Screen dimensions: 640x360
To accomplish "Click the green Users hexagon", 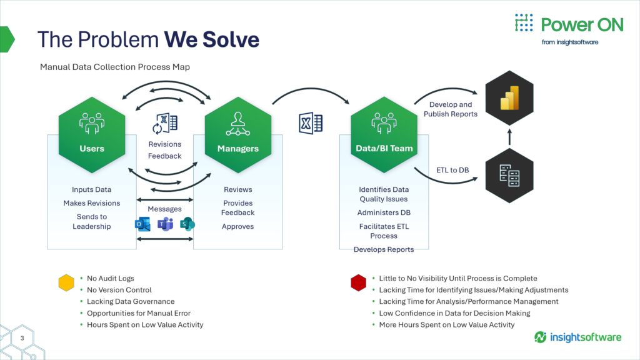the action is pyautogui.click(x=92, y=135).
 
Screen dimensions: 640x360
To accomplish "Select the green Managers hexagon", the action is pyautogui.click(x=238, y=135).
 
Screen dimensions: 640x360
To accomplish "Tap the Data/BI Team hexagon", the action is pyautogui.click(x=384, y=135).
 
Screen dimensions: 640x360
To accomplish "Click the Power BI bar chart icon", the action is pyautogui.click(x=509, y=98).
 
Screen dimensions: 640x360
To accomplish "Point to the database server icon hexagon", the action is pyautogui.click(x=509, y=176).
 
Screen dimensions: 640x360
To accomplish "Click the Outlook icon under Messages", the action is pyautogui.click(x=143, y=224).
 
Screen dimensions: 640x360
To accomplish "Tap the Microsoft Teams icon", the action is pyautogui.click(x=165, y=224).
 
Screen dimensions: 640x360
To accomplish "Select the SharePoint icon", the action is pyautogui.click(x=187, y=224).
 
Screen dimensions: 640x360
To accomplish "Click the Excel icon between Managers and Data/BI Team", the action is pyautogui.click(x=311, y=123).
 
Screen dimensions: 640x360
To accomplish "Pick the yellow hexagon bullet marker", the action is pyautogui.click(x=66, y=282).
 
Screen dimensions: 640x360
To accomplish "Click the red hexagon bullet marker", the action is pyautogui.click(x=358, y=282).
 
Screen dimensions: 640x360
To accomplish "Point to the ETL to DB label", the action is pyautogui.click(x=452, y=170).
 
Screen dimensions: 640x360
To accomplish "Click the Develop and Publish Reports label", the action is pyautogui.click(x=451, y=109).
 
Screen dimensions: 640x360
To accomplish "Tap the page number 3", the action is pyautogui.click(x=22, y=338).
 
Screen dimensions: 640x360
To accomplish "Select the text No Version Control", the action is pyautogui.click(x=119, y=290).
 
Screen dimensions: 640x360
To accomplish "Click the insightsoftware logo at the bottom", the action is pyautogui.click(x=577, y=337).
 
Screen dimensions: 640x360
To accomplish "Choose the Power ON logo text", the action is pyautogui.click(x=582, y=25).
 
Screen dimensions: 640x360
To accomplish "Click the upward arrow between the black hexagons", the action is pyautogui.click(x=509, y=137).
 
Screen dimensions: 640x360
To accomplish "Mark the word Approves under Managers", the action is pyautogui.click(x=238, y=226).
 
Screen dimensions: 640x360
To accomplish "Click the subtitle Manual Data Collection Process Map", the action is pyautogui.click(x=115, y=67).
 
